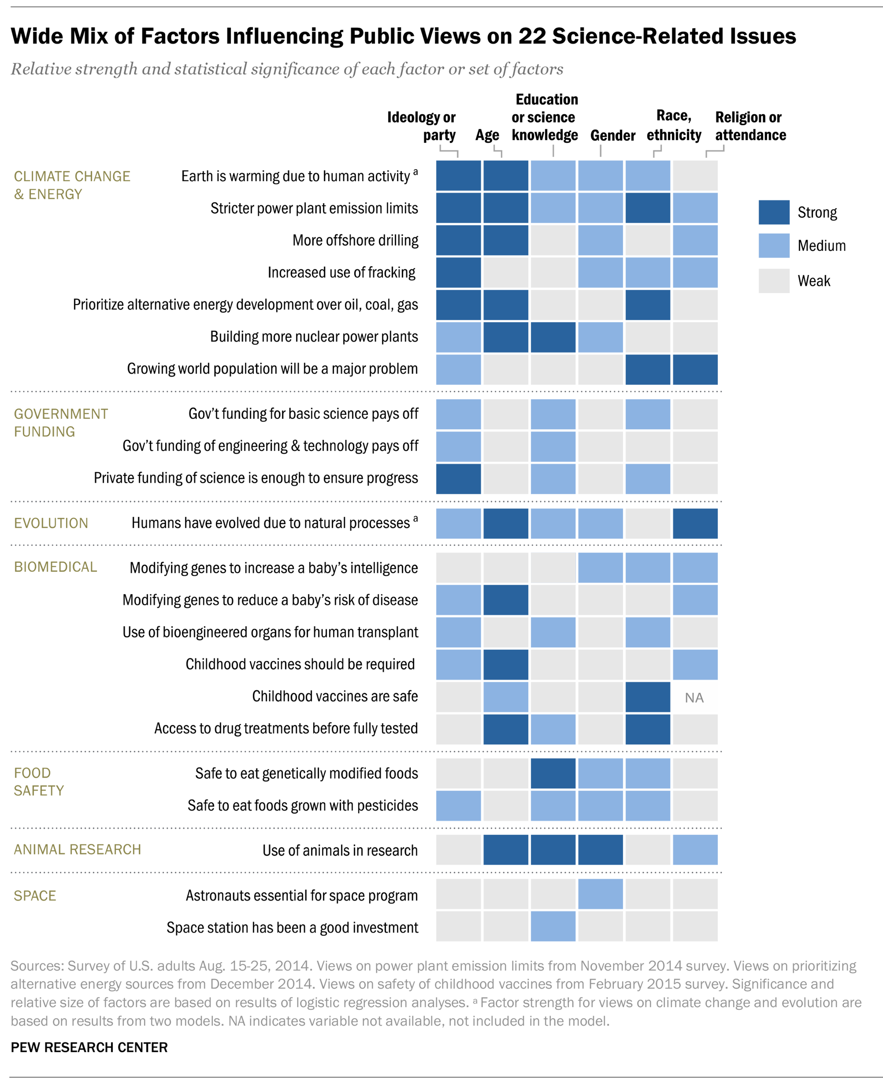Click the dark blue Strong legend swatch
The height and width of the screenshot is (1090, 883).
774,212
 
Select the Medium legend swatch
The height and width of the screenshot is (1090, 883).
774,246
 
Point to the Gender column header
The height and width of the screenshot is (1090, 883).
612,135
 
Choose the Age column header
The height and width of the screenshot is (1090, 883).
487,135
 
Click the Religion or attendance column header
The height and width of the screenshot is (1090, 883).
750,126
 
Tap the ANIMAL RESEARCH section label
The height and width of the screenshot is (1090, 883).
77,849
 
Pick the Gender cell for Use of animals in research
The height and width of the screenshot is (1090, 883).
600,849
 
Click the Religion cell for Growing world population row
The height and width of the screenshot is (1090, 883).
695,369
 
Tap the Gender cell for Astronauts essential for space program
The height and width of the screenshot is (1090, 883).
600,894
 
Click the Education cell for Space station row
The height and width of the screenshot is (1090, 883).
553,926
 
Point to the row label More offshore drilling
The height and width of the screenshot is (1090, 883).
355,241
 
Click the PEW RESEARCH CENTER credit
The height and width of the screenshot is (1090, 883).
89,1047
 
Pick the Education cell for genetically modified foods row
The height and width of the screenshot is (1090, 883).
553,773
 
